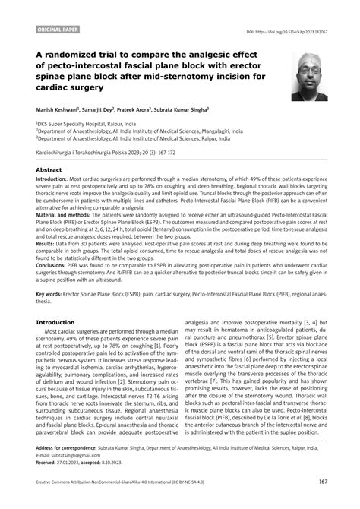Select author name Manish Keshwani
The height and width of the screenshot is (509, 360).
[62, 109]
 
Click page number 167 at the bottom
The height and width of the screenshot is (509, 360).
[323, 501]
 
